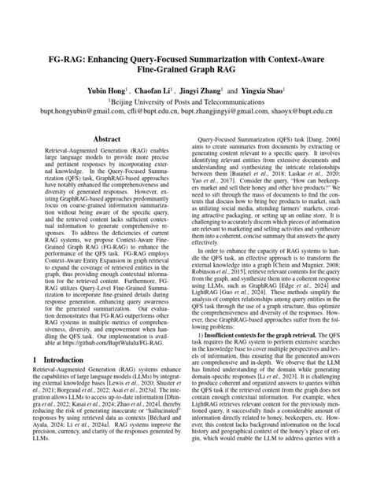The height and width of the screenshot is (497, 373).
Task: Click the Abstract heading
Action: coord(107,138)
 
